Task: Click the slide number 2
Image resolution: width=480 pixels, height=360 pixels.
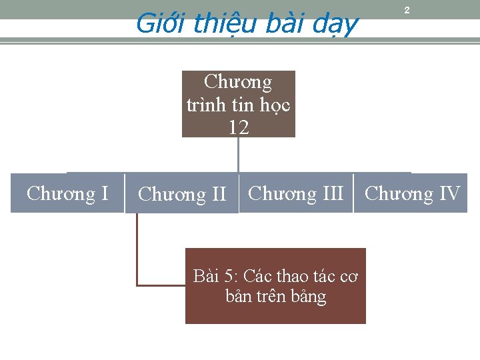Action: [x=407, y=11]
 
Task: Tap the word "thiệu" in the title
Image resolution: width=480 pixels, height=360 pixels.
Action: [x=216, y=25]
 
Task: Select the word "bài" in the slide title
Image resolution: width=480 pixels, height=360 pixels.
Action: [x=283, y=24]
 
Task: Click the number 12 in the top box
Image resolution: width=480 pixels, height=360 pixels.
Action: [x=239, y=127]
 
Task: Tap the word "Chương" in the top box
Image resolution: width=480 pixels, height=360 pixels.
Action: [x=238, y=82]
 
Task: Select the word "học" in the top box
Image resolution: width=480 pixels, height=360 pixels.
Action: [x=275, y=105]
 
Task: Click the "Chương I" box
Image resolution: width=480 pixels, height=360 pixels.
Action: [x=67, y=193]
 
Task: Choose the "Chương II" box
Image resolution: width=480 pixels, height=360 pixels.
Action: [x=182, y=194]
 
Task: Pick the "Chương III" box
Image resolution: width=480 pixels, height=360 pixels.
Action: [x=295, y=193]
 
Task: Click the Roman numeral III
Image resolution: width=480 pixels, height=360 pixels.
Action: [x=333, y=193]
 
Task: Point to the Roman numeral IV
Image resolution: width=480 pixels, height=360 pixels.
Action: [x=449, y=193]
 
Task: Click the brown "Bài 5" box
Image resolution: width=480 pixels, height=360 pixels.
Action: [x=275, y=286]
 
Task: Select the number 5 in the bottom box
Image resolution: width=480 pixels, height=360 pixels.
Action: [x=231, y=275]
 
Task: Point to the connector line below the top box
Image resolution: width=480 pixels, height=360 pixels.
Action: [x=238, y=155]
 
